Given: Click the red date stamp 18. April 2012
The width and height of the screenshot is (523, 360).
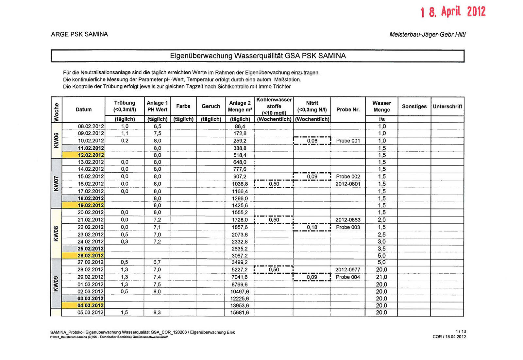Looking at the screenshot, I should tap(453, 12).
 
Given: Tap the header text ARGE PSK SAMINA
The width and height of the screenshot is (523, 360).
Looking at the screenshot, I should tap(79, 34).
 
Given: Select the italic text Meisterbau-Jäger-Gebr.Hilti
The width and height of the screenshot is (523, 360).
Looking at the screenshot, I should tap(427, 35).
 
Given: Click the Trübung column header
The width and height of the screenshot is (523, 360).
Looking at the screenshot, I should tap(125, 106).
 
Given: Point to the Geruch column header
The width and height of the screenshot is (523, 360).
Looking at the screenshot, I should tap(211, 106).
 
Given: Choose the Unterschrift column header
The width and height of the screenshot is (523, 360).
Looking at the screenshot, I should tap(447, 107).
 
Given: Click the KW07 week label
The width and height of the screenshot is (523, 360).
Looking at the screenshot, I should tap(56, 183).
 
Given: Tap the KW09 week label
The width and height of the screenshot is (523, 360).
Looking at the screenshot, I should tap(56, 284).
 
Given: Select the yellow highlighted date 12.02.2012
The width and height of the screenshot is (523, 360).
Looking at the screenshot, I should tap(91, 155).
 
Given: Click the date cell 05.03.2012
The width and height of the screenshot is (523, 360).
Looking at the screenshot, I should tap(91, 313).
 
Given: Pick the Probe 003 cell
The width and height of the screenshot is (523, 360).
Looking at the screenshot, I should tap(348, 227).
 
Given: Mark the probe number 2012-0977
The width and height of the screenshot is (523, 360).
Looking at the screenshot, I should tap(348, 270).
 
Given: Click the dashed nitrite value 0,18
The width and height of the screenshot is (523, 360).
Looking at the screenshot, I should tap(312, 227).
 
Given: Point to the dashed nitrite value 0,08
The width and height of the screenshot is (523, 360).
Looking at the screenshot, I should tap(312, 141).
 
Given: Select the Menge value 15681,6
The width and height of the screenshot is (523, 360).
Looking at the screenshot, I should tap(240, 313).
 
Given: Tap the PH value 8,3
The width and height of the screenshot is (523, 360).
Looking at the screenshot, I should tap(157, 313).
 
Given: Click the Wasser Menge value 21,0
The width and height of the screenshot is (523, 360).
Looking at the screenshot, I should tap(381, 277).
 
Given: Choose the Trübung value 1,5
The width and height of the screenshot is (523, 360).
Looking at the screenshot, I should tap(124, 313).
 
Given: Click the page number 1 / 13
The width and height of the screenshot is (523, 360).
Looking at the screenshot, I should tap(461, 332).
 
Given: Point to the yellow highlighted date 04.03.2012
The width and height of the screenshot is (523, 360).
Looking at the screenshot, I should tap(91, 305).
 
